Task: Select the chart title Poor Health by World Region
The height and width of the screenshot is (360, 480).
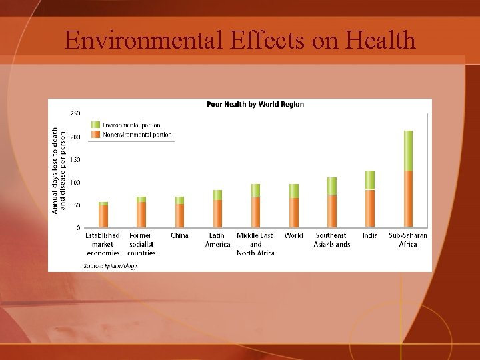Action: tap(255, 105)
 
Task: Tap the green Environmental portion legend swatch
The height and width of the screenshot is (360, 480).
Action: tap(96, 125)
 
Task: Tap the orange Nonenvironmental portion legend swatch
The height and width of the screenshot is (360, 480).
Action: tap(96, 135)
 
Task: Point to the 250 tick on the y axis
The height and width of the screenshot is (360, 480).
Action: tap(75, 114)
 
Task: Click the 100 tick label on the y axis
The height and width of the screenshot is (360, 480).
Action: tap(75, 183)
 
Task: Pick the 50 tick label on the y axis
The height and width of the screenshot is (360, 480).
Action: tap(77, 205)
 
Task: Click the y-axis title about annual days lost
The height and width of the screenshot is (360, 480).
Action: tap(59, 171)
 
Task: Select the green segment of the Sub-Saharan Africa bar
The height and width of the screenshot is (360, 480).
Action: tap(408, 150)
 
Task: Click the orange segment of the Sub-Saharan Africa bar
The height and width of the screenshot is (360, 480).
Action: tap(408, 199)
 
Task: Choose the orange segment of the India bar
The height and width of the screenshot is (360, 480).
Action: tap(370, 208)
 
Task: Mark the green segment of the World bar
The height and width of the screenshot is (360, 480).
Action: tap(294, 191)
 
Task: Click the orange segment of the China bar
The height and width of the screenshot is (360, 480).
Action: tap(179, 215)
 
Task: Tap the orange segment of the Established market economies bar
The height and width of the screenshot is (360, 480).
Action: tap(103, 216)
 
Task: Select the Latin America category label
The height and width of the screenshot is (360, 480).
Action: tap(217, 240)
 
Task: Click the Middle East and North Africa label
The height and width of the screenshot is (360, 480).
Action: tap(255, 244)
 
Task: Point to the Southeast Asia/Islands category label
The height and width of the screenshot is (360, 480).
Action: tap(332, 240)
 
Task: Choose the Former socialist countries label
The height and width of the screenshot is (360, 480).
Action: tap(141, 244)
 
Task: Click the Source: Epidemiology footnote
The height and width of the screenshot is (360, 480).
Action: tap(111, 265)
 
